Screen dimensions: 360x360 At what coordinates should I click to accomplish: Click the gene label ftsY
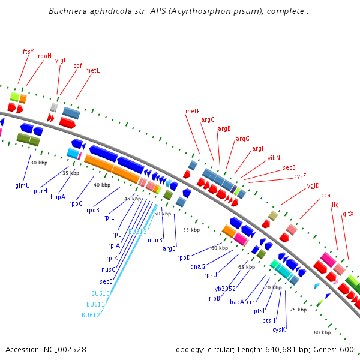(28, 52)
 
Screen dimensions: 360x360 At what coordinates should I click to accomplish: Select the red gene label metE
(92, 70)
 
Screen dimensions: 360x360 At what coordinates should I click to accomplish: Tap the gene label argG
(242, 139)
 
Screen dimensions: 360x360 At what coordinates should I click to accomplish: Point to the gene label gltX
(348, 214)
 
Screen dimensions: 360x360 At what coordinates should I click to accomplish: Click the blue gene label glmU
(23, 185)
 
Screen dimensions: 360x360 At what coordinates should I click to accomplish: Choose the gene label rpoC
(76, 203)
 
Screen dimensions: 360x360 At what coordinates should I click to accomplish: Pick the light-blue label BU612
(91, 315)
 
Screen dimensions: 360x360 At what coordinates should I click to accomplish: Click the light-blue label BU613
(137, 231)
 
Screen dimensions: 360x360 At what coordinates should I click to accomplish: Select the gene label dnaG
(198, 266)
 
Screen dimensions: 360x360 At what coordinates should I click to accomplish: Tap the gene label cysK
(279, 329)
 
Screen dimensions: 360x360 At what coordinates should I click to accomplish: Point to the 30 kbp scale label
(38, 163)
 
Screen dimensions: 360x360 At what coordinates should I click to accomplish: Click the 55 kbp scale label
(191, 230)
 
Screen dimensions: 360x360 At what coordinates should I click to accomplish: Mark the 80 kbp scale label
(322, 332)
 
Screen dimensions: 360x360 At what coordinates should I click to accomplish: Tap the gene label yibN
(274, 158)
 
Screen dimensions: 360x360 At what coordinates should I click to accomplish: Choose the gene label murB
(155, 240)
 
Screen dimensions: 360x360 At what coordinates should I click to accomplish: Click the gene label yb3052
(225, 289)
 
